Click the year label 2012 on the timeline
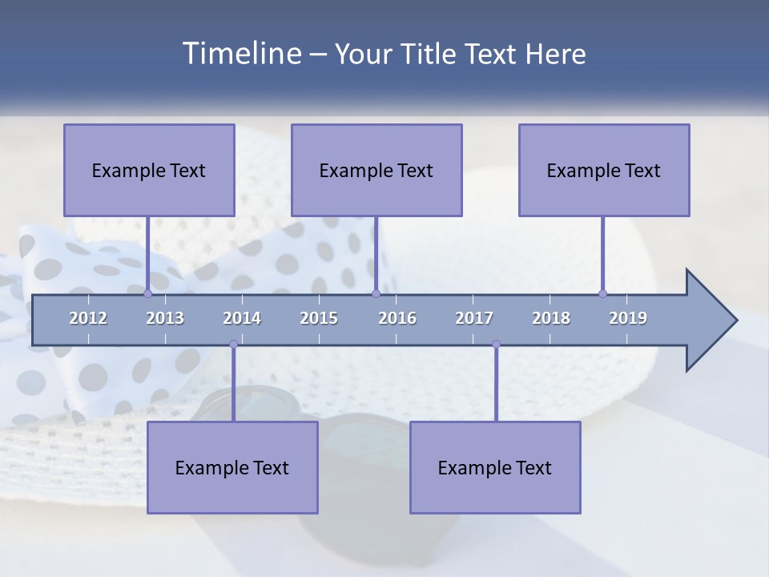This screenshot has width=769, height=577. coord(88,318)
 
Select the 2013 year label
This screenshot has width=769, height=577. coord(165,318)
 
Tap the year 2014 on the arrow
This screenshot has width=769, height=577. coord(242,318)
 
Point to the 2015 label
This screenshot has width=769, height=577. coord(319,318)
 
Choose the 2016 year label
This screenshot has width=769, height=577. coord(397,318)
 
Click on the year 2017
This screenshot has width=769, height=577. coord(474,318)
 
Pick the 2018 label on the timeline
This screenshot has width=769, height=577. coord(551,318)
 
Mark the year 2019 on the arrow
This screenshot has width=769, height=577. coord(628,318)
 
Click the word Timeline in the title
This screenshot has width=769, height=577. coord(241,54)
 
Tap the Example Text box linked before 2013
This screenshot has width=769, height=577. coord(149,170)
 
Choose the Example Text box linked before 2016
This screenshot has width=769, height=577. coord(376,170)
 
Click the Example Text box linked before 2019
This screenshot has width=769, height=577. coord(604,170)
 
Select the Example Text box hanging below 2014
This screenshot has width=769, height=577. coord(232,467)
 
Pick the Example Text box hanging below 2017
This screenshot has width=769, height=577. coord(495,467)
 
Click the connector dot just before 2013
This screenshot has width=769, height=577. coord(148,294)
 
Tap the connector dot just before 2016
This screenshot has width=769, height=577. coord(376,294)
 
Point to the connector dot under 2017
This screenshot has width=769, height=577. coord(496,345)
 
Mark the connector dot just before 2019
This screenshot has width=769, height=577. coord(603,294)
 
